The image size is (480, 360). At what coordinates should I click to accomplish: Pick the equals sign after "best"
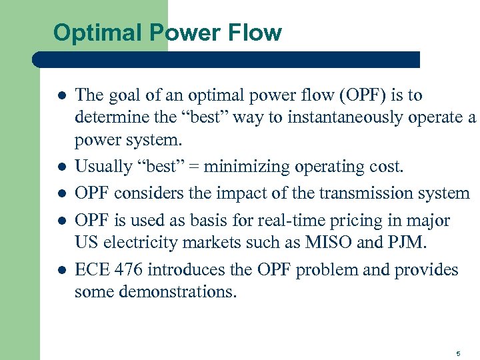196,167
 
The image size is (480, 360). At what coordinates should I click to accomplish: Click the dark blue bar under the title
227,59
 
